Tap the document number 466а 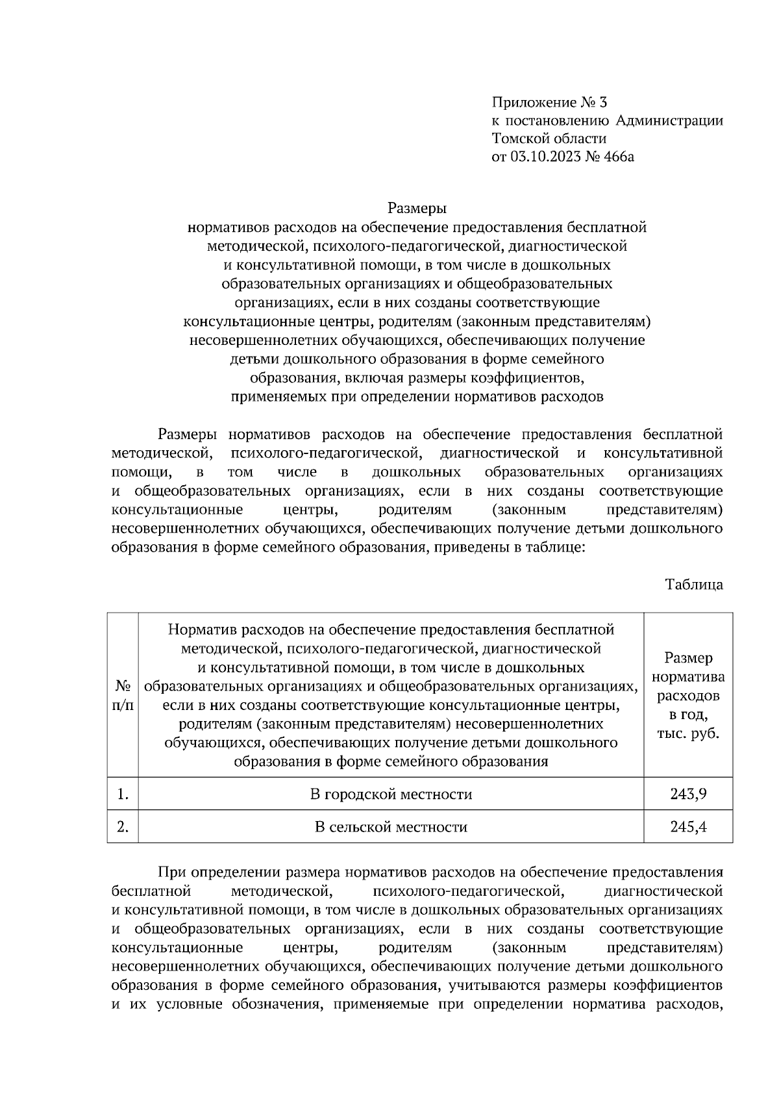coord(617,157)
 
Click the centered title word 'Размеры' coord(417,209)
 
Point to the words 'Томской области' coord(549,138)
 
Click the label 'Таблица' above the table coord(694,585)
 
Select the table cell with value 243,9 coord(688,794)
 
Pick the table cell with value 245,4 coord(688,827)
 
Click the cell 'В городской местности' coord(391,794)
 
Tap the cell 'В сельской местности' coord(391,827)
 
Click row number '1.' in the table coord(123,794)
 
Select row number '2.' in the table coord(123,827)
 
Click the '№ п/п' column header coord(123,695)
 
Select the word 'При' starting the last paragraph coord(171,871)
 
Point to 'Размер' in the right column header coord(688,658)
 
